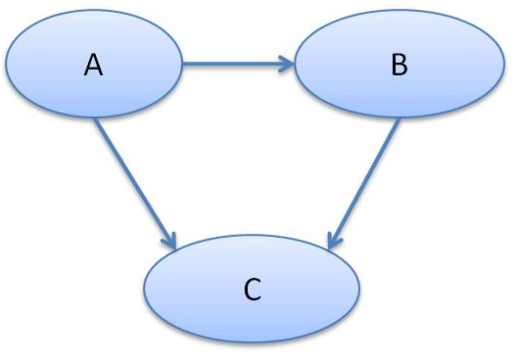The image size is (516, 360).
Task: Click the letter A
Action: [x=94, y=66]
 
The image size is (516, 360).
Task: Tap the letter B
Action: [x=399, y=66]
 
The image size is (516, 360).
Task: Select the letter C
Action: [x=252, y=289]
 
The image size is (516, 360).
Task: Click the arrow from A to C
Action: [x=134, y=182]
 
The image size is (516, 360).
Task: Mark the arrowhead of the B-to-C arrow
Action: [x=333, y=242]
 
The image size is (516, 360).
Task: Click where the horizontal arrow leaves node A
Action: [x=184, y=66]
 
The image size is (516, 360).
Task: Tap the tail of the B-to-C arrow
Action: [x=399, y=121]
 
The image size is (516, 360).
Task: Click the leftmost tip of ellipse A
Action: [x=7, y=65]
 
